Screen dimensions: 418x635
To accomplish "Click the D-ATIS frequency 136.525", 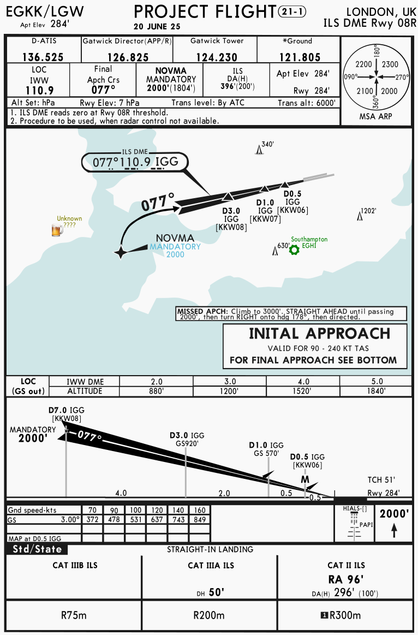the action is [x=43, y=57].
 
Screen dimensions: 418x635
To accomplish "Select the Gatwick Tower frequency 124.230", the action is [x=214, y=57].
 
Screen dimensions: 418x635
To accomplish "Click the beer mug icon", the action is [x=56, y=230].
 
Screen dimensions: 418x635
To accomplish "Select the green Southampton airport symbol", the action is [x=294, y=250].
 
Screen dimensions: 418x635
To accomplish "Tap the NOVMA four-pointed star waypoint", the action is [x=121, y=252].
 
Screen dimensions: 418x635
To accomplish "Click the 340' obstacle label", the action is [x=267, y=144].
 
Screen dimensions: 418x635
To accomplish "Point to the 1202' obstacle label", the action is [x=369, y=210].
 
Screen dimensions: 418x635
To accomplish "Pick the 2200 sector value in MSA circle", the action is [x=363, y=64].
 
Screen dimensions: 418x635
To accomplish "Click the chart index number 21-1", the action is [x=292, y=11].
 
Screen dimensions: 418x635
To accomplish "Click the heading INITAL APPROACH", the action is [x=319, y=334].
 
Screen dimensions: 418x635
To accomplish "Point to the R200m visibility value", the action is [x=210, y=615].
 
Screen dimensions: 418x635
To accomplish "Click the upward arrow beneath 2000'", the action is [x=394, y=530].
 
